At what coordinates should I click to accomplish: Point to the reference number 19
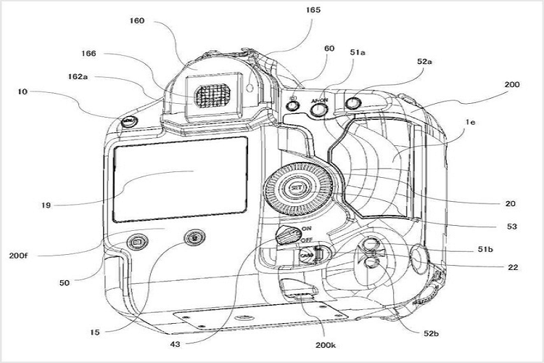click(46, 205)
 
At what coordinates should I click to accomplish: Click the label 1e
click(470, 124)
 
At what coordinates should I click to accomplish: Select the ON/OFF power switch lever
click(289, 233)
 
